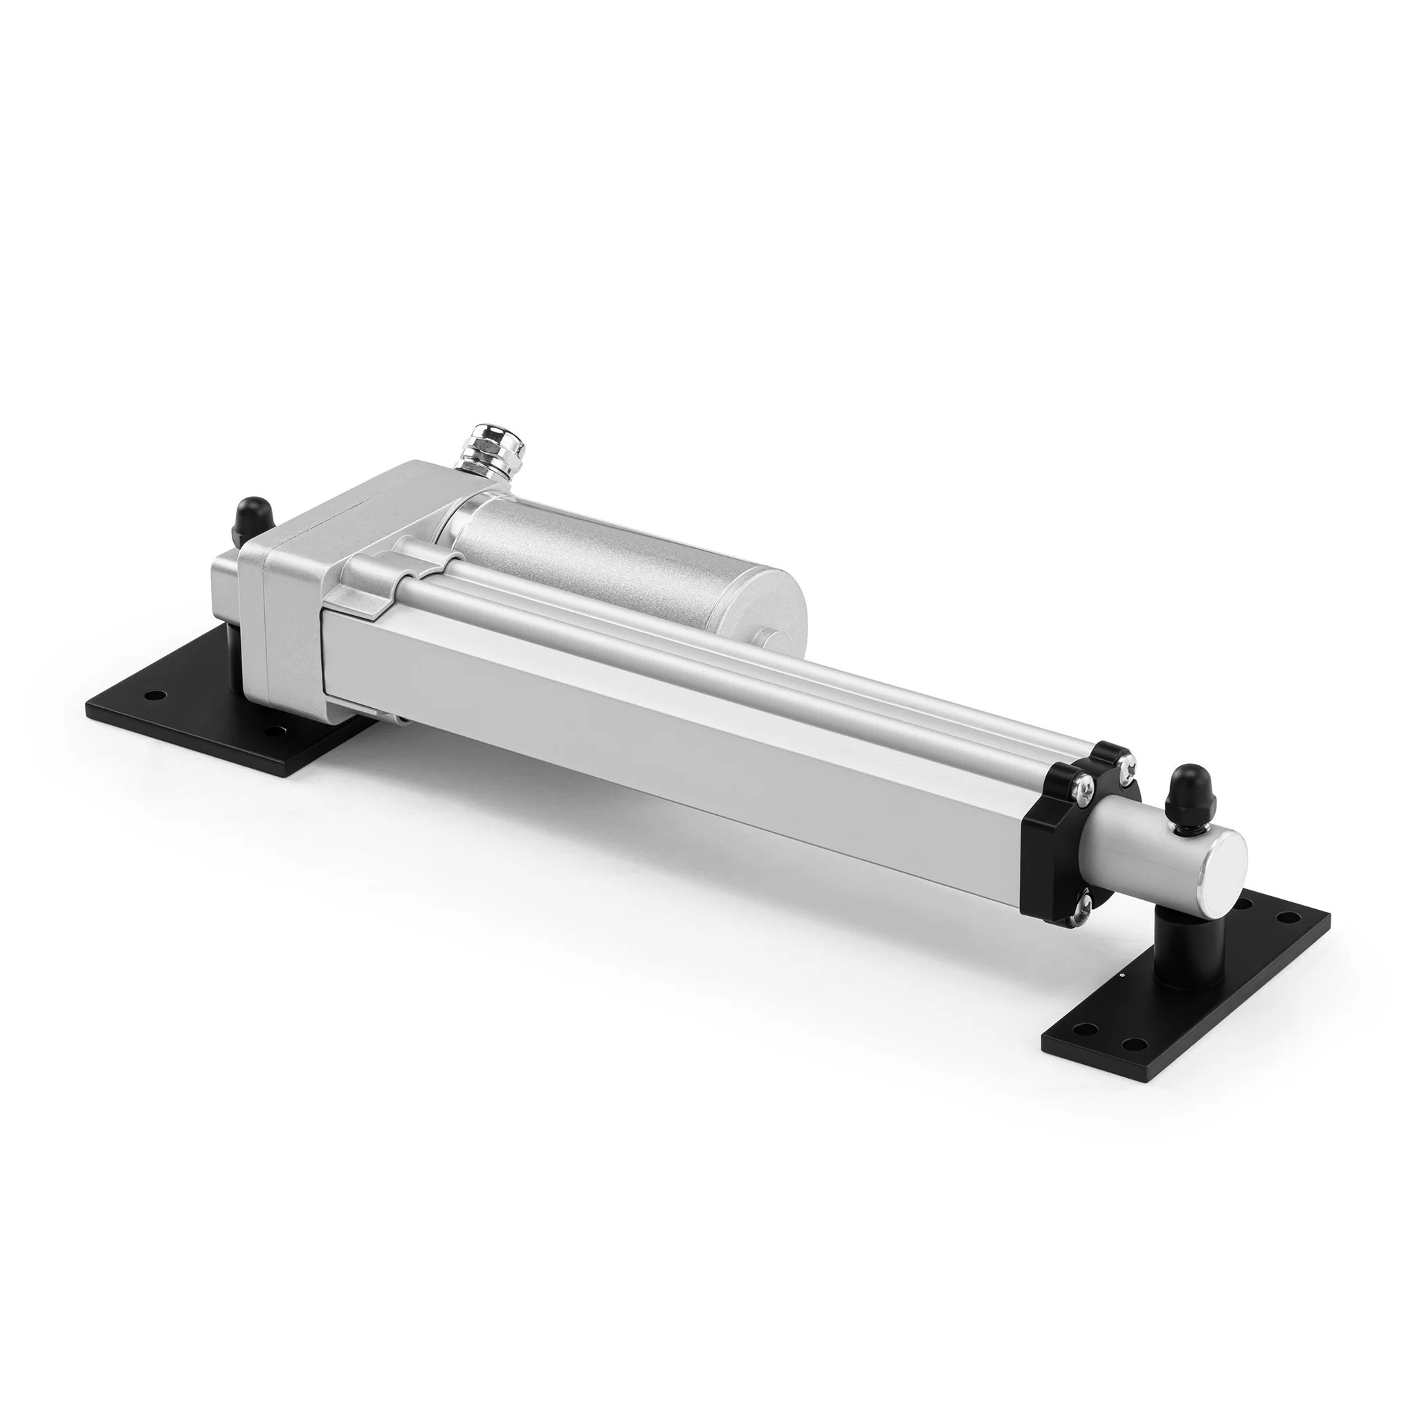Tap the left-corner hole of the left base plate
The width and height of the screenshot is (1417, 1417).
point(154,694)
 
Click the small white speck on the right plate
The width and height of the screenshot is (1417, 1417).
point(1123,975)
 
